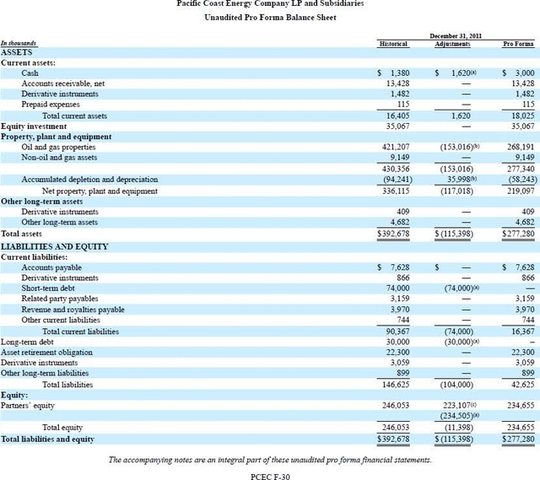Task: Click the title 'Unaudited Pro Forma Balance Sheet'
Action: point(269,18)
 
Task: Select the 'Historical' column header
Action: point(391,43)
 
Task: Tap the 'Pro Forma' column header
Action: point(518,43)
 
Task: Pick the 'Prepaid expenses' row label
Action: point(50,105)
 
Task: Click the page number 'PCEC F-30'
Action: point(269,474)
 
